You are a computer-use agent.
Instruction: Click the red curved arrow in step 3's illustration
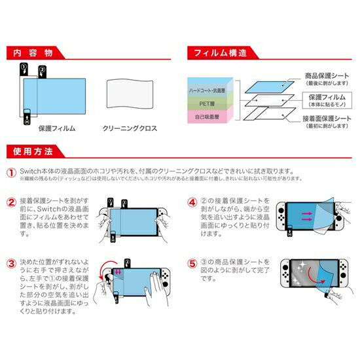point(105,275)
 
